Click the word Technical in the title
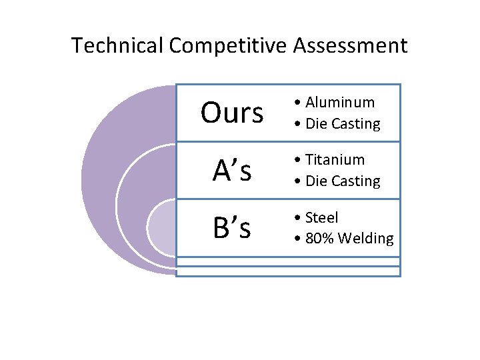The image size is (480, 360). pyautogui.click(x=117, y=45)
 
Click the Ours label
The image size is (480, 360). pyautogui.click(x=232, y=113)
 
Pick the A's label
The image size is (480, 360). pyautogui.click(x=232, y=171)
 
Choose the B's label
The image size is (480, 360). pyautogui.click(x=232, y=228)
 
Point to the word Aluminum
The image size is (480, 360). pyautogui.click(x=339, y=103)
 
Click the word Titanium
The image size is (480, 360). pyautogui.click(x=335, y=160)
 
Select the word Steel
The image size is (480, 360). pyautogui.click(x=322, y=217)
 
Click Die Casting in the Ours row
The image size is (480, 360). pyautogui.click(x=343, y=124)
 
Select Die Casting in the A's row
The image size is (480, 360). pyautogui.click(x=343, y=181)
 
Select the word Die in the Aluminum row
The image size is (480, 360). pyautogui.click(x=315, y=124)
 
